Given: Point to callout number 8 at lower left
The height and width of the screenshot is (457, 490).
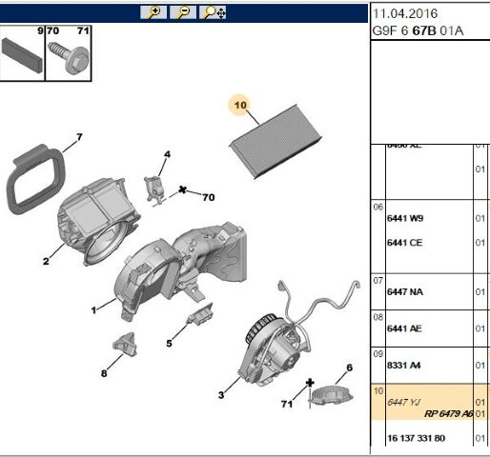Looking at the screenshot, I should coord(104,373).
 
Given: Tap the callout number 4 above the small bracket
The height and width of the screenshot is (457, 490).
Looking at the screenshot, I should coord(166,154).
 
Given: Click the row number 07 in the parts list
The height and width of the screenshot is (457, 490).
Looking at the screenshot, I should coord(378,281).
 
